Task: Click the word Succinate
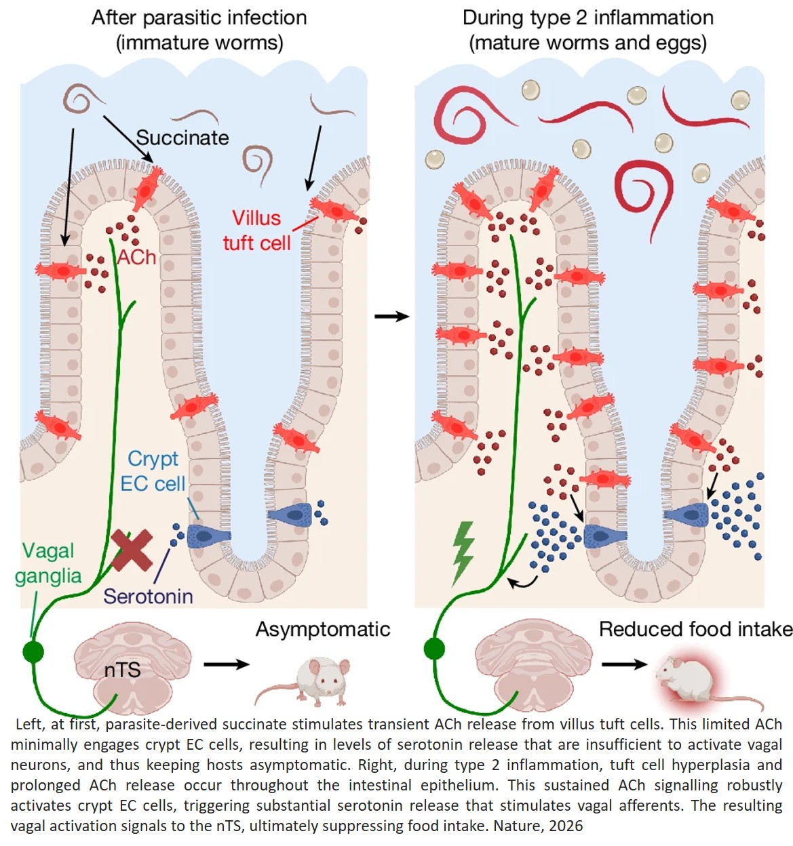[x=182, y=138]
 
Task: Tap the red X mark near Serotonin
[x=132, y=550]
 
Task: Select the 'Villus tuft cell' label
[x=256, y=230]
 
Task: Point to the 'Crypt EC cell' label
[x=153, y=471]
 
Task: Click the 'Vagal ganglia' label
[x=48, y=563]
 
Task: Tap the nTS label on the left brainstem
[x=122, y=670]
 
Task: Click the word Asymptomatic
[x=323, y=629]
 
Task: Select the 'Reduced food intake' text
[x=695, y=629]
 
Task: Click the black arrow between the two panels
[x=392, y=316]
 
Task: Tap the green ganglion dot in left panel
[x=33, y=651]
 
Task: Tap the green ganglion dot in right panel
[x=434, y=648]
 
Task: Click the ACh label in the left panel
[x=136, y=258]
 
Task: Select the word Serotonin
[x=148, y=597]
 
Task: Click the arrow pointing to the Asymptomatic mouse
[x=227, y=664]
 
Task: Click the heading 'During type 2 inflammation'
[x=587, y=18]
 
